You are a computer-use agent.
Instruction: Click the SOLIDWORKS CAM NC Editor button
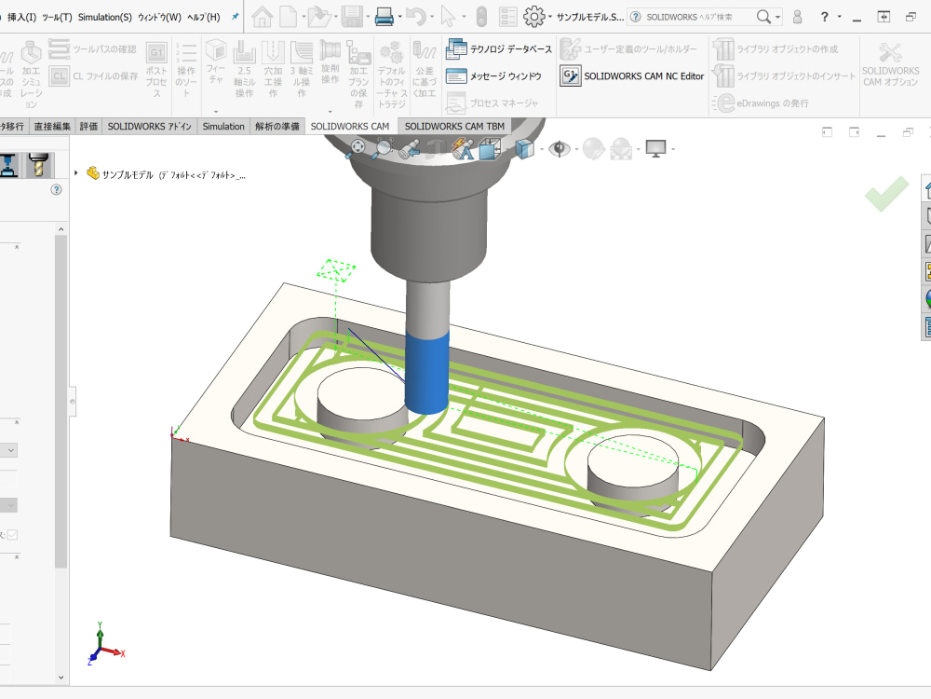(633, 76)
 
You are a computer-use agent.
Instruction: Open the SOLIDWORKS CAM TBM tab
(454, 127)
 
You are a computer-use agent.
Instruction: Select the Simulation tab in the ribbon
(223, 127)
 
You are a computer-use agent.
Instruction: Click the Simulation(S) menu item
(104, 17)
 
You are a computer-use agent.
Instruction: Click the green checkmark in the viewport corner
(885, 194)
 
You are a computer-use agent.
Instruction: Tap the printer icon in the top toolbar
(384, 17)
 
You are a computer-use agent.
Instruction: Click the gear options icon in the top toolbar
(533, 17)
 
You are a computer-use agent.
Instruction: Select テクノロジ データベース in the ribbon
(500, 48)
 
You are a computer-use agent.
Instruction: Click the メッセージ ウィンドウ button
(493, 76)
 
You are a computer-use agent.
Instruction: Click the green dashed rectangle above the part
(337, 270)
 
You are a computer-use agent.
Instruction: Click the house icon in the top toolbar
(262, 17)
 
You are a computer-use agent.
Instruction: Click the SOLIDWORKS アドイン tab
(149, 127)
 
